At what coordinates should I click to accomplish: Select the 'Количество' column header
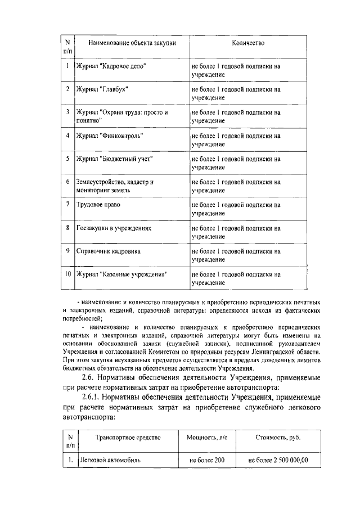click(247, 42)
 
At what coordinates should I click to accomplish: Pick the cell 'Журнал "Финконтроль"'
click(106, 136)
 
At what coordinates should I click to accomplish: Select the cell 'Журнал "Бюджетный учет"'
click(114, 159)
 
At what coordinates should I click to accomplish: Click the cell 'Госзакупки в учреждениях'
click(114, 228)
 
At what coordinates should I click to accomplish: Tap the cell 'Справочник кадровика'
click(108, 251)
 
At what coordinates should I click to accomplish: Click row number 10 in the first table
click(67, 274)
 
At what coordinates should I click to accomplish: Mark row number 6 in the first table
click(67, 182)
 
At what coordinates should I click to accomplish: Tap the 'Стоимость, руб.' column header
click(278, 437)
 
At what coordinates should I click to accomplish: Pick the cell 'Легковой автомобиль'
click(110, 461)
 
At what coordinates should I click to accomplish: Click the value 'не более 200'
click(207, 461)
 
